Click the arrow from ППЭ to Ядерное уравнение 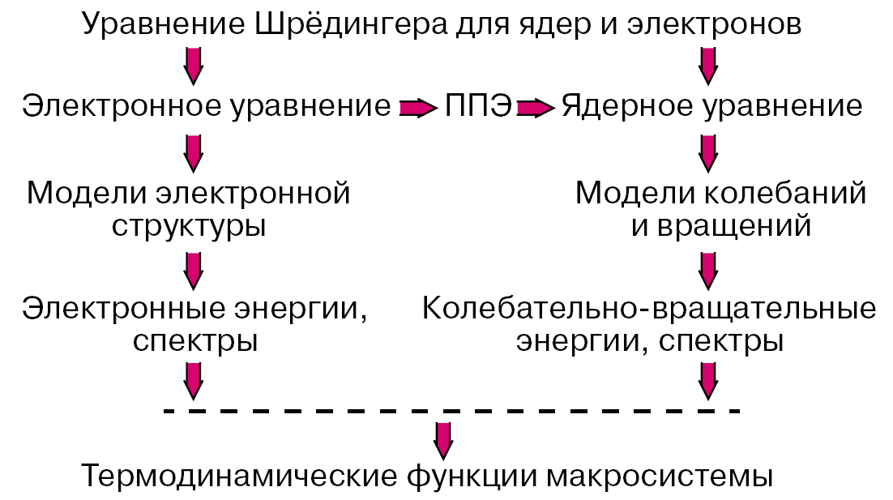[x=536, y=107]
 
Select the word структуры [x=189, y=224]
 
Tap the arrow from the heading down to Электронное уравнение [x=193, y=65]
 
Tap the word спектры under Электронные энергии [x=194, y=341]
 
